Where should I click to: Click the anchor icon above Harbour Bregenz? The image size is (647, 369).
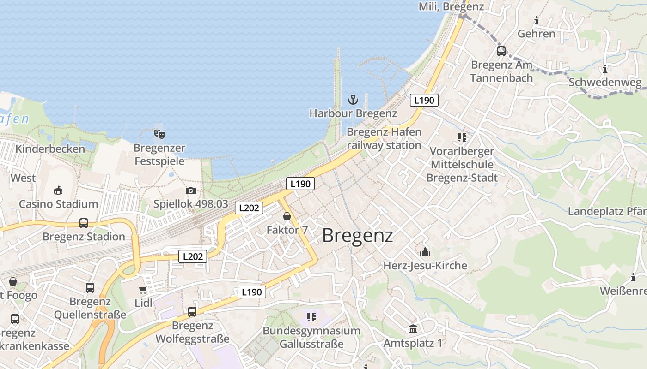pos(353,99)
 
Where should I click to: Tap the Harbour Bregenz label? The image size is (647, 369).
pos(353,113)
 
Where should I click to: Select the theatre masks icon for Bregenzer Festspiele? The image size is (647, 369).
pos(159,134)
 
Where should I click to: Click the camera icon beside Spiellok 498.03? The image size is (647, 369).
pos(190,190)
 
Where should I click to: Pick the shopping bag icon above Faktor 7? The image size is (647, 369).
pos(287,216)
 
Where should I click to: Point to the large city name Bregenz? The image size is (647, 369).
pos(357,235)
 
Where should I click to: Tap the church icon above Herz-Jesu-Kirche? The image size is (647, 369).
pos(425,252)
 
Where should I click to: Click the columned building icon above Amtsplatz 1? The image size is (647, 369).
pos(413,329)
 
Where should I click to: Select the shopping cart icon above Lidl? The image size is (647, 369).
pos(143,290)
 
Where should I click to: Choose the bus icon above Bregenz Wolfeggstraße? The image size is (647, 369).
pos(192,312)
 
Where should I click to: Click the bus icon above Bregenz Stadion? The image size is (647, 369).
pos(84,223)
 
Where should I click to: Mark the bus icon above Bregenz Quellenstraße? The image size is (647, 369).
pos(90,288)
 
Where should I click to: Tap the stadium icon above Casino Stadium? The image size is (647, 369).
pos(58,190)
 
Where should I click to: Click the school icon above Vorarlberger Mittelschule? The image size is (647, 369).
pos(462,137)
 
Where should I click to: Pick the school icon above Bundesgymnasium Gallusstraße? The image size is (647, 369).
pos(311,317)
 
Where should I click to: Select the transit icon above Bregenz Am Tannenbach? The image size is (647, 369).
pos(501,51)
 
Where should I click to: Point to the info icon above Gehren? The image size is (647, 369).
pos(537,20)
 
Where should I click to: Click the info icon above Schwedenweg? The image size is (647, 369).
pos(605,69)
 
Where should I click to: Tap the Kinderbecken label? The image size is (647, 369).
pos(50,149)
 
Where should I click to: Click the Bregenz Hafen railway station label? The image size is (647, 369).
pos(384,138)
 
